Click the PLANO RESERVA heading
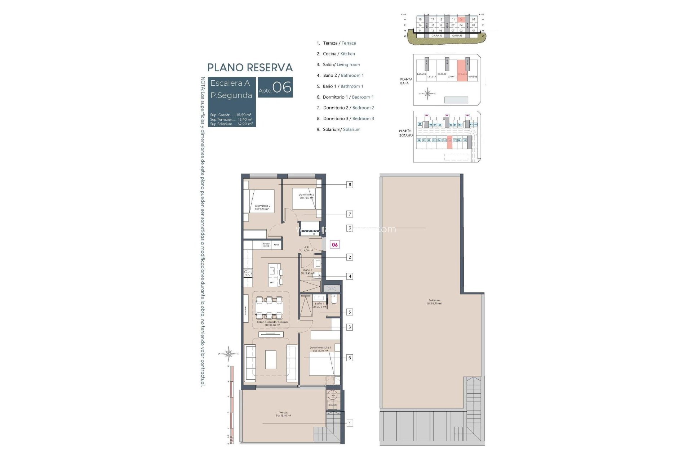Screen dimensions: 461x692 click(250, 68)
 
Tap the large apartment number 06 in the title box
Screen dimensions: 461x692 click(281, 87)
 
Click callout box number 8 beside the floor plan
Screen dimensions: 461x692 click(349, 185)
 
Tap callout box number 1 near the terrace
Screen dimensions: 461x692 click(349, 423)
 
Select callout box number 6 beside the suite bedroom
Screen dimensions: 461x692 click(349, 358)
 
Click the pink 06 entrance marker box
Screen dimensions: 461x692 click(335, 245)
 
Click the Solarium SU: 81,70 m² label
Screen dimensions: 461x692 click(434, 302)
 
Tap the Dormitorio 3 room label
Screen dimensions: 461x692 click(262, 207)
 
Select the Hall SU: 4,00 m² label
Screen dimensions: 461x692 click(306, 249)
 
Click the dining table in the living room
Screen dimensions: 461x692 click(269, 308)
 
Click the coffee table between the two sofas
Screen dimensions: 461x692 click(271, 359)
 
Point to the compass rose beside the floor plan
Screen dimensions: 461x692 click(229, 353)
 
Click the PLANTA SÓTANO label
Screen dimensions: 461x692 click(405, 133)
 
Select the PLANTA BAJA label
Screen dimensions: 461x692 click(406, 81)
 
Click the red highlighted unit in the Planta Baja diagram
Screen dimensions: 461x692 click(462, 70)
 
